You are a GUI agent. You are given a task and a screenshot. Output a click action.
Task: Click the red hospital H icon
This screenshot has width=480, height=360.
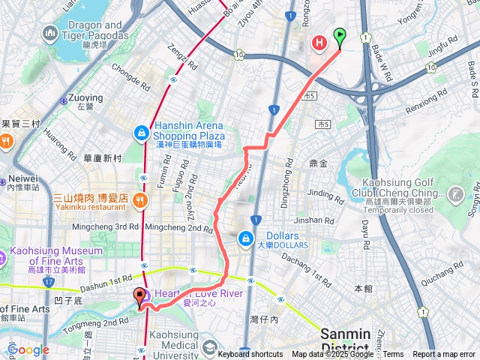[319, 43]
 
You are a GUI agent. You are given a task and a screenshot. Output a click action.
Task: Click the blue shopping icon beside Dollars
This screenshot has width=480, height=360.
[244, 238]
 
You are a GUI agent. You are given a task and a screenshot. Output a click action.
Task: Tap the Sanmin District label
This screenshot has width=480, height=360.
[345, 338]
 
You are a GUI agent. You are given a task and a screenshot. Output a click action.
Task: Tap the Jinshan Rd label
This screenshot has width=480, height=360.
[314, 220]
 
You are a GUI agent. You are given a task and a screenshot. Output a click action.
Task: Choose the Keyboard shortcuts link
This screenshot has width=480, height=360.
[250, 355]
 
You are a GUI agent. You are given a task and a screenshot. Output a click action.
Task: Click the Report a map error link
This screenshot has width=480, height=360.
[444, 355]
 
